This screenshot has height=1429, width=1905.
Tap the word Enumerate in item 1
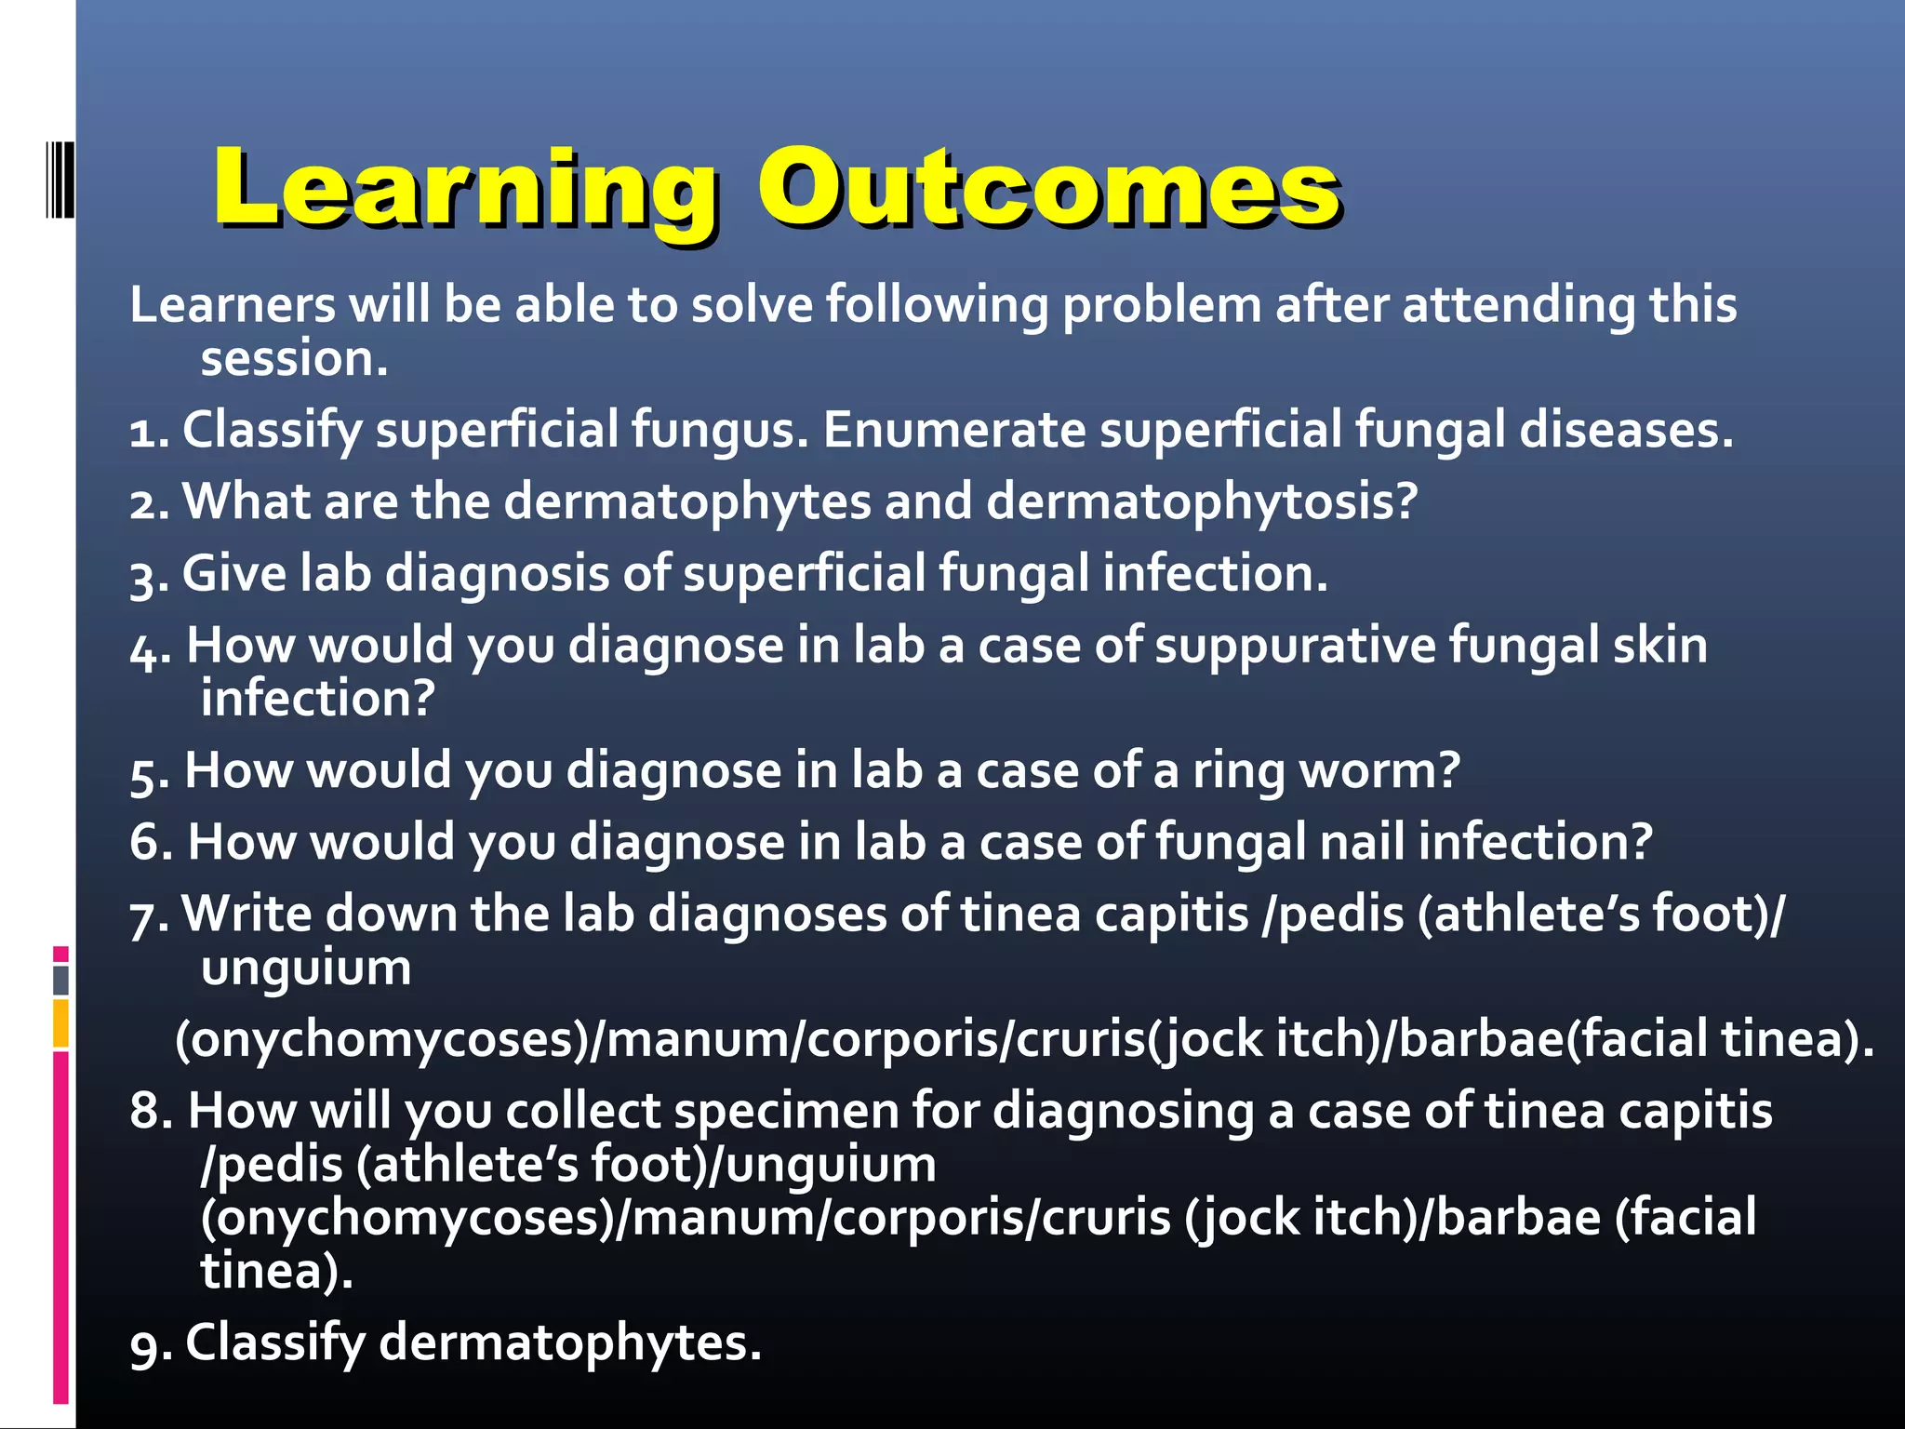tap(953, 431)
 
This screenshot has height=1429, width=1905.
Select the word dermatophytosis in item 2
tap(1201, 502)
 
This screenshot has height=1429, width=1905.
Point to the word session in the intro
tap(294, 359)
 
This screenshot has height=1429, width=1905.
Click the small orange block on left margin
tap(60, 1023)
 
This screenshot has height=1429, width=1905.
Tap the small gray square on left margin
tap(60, 980)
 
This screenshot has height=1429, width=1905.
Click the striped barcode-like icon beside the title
tap(60, 179)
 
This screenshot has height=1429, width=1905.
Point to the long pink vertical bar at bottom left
tap(60, 1228)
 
